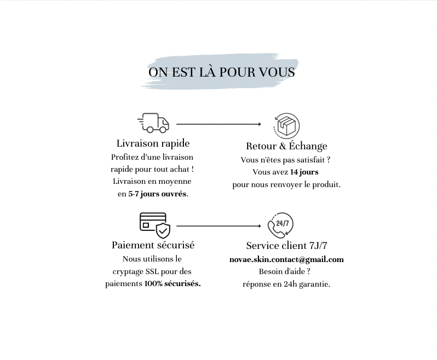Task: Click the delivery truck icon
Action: (x=153, y=123)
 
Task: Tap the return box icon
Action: (x=286, y=126)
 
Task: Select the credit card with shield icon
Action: (x=155, y=225)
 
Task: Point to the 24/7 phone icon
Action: (x=280, y=225)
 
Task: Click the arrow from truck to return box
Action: (x=219, y=124)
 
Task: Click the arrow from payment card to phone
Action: (x=219, y=226)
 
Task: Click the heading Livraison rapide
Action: (x=153, y=143)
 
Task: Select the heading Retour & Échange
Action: (x=286, y=146)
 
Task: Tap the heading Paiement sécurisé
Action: (x=153, y=245)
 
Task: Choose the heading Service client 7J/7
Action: (x=286, y=246)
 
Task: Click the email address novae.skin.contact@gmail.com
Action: (x=286, y=259)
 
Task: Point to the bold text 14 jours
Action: (x=304, y=172)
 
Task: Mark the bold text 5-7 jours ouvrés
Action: (x=157, y=194)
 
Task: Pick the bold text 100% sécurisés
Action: (x=173, y=284)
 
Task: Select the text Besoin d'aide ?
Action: (x=285, y=271)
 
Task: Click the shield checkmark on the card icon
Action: (x=163, y=230)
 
